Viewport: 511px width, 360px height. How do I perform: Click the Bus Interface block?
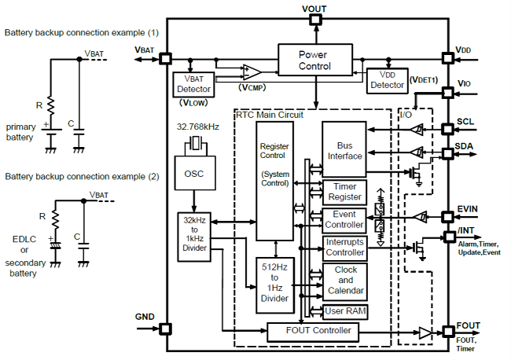(344, 149)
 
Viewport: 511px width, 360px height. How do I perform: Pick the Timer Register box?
(344, 193)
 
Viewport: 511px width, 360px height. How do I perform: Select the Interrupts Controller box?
(344, 248)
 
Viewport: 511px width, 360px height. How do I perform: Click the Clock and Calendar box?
(344, 280)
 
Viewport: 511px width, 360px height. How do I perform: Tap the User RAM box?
(344, 312)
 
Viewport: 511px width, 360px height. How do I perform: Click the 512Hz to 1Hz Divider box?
(274, 283)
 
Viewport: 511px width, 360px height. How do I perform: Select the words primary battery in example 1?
(20, 132)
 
